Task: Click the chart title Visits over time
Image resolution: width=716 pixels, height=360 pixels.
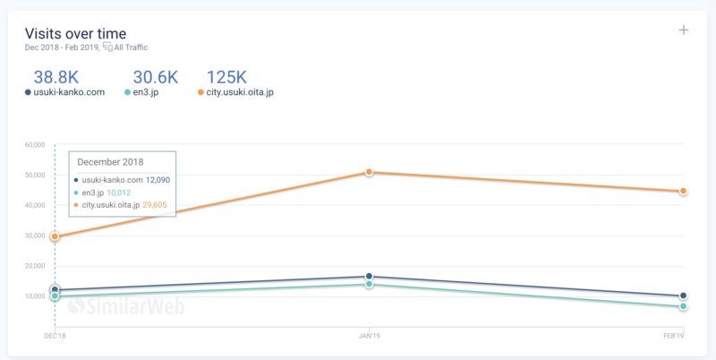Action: coord(75,34)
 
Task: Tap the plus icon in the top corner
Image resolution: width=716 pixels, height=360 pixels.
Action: coord(684,30)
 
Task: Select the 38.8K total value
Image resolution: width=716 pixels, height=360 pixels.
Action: coord(56,78)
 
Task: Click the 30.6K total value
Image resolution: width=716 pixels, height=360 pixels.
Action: coord(156,78)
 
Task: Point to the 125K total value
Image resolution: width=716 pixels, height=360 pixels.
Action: coord(227,78)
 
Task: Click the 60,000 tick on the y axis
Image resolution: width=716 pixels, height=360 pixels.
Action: coord(35,144)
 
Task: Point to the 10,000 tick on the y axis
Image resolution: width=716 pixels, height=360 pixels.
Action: coord(35,296)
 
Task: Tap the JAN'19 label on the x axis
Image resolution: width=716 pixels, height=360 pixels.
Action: coord(369,335)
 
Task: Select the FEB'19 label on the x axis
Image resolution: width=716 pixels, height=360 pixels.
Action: coord(673,335)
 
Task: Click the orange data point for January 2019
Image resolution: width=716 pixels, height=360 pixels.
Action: coord(369,172)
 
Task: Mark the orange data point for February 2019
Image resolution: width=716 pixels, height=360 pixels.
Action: coord(683,191)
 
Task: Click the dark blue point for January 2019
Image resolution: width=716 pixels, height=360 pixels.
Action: coord(369,277)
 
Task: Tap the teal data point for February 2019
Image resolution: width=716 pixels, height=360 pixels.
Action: coord(683,306)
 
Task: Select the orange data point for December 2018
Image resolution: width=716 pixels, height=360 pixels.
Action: coord(55,236)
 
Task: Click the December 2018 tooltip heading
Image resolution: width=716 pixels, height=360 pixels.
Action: coord(111,162)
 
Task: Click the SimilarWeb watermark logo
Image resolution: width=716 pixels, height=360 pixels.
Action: coord(126,306)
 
